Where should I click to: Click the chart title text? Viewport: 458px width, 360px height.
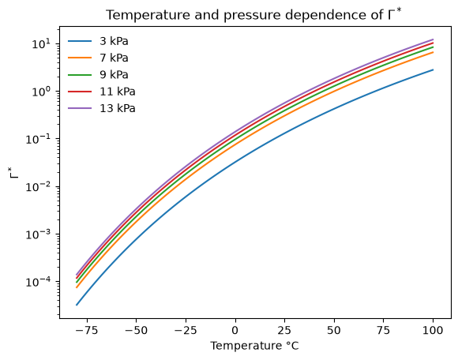coord(253,14)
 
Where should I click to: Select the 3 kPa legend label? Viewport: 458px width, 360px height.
coord(114,41)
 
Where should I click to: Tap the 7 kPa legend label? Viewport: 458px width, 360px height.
coord(114,58)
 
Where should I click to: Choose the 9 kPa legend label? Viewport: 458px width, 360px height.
coord(114,75)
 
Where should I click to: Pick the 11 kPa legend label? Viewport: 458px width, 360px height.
coord(118,92)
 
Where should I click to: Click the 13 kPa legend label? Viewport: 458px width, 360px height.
coord(118,108)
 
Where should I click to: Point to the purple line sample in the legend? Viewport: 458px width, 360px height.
coord(80,108)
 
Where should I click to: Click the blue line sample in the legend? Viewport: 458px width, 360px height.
coord(80,41)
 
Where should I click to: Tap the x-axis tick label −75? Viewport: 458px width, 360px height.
coord(87,330)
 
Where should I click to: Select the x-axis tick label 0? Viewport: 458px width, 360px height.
coord(235,330)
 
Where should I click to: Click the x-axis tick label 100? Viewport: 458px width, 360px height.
coord(433,330)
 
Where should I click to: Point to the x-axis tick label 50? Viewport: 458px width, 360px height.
coord(334,330)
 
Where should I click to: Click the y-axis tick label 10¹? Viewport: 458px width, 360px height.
coord(41,43)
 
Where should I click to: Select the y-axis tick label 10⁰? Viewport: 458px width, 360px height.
coord(41,92)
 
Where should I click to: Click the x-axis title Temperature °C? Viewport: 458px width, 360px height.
coord(254,346)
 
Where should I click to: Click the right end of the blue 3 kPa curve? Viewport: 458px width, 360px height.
coord(433,69)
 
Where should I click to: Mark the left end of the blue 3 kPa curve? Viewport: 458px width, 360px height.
coord(77,305)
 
